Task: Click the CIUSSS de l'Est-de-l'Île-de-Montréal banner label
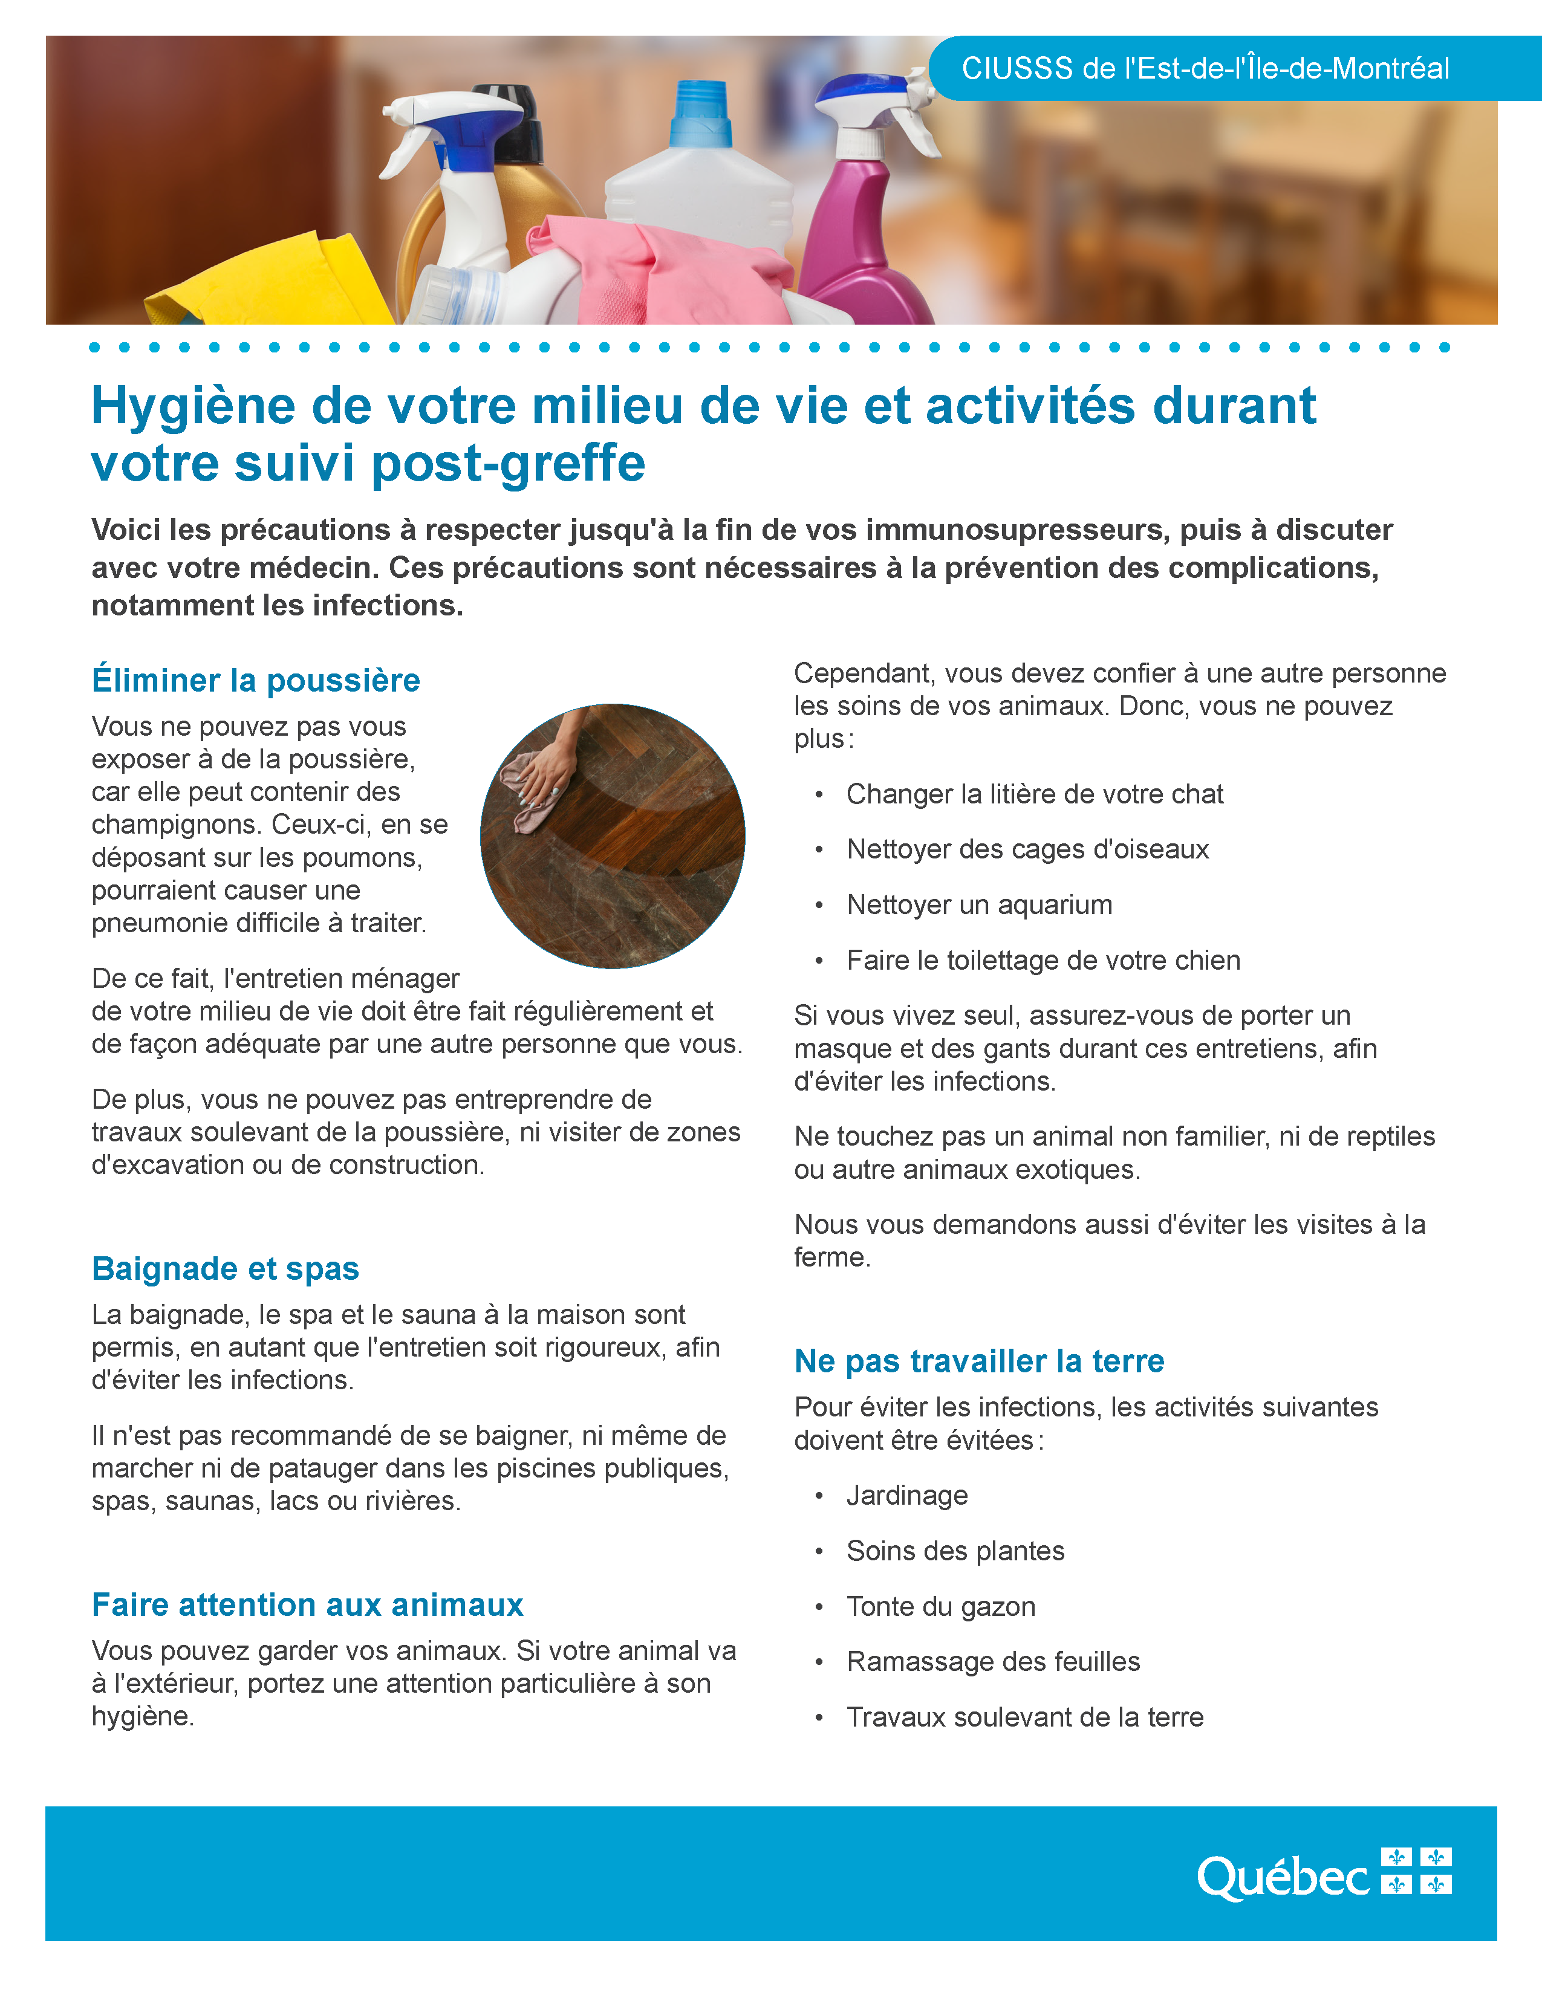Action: pyautogui.click(x=1205, y=68)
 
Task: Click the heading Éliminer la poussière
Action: pyautogui.click(x=256, y=681)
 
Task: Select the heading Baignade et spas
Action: pyautogui.click(x=226, y=1269)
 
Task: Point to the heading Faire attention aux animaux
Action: pyautogui.click(x=308, y=1605)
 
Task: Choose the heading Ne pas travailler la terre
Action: pyautogui.click(x=979, y=1361)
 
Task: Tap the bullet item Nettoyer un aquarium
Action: pyautogui.click(x=979, y=904)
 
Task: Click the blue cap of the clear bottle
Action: pyautogui.click(x=701, y=114)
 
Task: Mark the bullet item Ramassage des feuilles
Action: pyautogui.click(x=993, y=1661)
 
